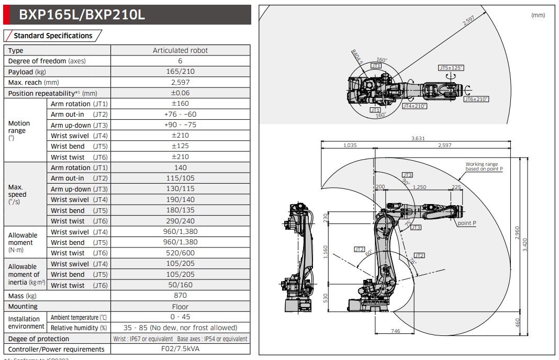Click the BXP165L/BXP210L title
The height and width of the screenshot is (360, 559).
tap(81, 15)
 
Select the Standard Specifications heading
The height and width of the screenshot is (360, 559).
tap(53, 36)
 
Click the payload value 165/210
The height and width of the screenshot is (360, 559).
tap(180, 72)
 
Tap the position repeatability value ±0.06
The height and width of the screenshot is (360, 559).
tap(180, 93)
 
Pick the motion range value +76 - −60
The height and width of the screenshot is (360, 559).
tap(180, 114)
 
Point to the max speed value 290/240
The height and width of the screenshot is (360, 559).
tap(180, 221)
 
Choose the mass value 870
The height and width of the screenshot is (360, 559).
tap(180, 296)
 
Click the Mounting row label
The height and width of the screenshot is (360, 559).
tap(23, 307)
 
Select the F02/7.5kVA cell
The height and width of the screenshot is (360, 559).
tap(180, 349)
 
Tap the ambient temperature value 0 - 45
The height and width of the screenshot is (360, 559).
tap(180, 317)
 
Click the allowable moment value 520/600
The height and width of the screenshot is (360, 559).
tap(180, 253)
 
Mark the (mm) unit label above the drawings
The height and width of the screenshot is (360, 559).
tap(538, 15)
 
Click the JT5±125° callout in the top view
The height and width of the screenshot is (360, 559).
tap(451, 68)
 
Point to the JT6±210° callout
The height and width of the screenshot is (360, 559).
tap(476, 99)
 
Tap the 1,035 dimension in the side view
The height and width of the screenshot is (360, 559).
tap(350, 145)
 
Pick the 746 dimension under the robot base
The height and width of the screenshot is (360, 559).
tap(396, 331)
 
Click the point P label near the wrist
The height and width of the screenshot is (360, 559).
tap(466, 223)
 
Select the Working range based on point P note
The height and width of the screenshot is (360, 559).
tap(484, 167)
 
